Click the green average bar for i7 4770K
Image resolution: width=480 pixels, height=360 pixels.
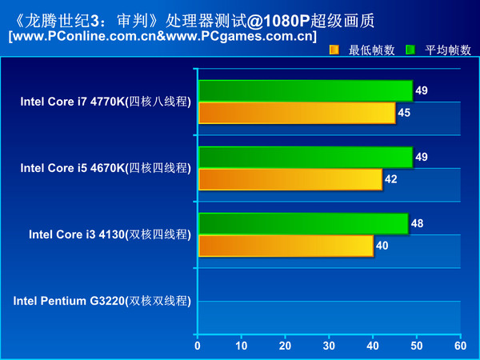pos(305,90)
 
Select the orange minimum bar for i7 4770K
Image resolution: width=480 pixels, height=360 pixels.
pos(297,113)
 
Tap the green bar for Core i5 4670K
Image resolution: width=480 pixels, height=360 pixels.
pos(305,157)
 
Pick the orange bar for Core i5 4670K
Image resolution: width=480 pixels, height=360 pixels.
pos(290,179)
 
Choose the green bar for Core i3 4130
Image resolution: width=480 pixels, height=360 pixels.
pos(302,223)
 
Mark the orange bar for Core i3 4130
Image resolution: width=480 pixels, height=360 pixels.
pos(286,246)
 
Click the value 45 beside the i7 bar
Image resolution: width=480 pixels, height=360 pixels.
pos(404,113)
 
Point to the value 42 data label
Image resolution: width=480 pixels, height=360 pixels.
pos(391,179)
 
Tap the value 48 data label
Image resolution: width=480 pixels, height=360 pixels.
pos(417,223)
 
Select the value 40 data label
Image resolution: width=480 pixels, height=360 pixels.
pos(382,246)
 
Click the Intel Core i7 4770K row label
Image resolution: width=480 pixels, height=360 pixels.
pos(106,102)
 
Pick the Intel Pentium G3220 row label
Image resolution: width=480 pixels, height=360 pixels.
pos(102,301)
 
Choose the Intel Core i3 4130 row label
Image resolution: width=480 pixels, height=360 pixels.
pos(110,234)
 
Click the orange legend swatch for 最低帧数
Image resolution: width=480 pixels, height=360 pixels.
pos(334,50)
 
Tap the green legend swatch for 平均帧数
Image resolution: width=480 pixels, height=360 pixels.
pos(410,50)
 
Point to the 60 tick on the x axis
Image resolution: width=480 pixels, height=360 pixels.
pos(460,346)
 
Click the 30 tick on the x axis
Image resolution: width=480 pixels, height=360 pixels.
pos(329,346)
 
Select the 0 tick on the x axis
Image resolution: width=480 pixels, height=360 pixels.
pos(198,346)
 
